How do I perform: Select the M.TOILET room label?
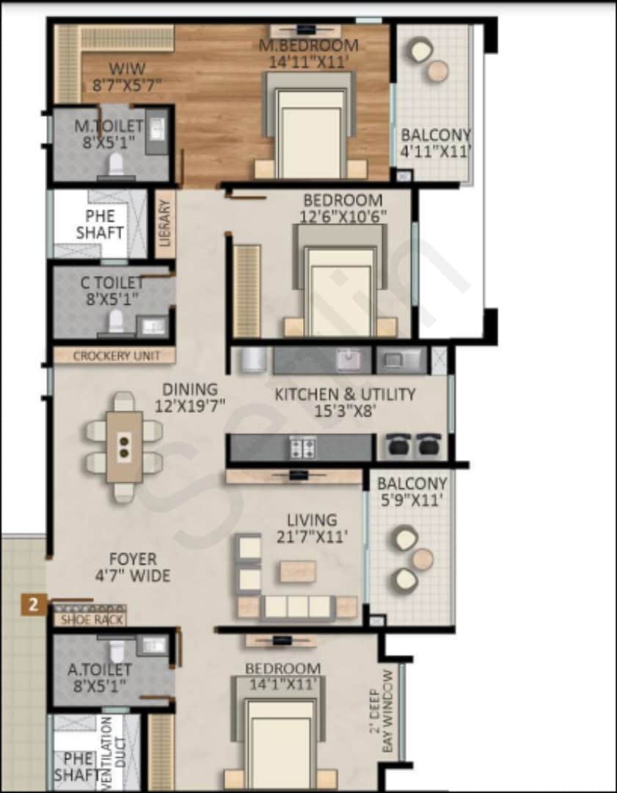tap(109, 134)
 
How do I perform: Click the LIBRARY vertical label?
tap(165, 223)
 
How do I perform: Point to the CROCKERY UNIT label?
tap(114, 356)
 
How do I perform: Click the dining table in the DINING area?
tap(124, 446)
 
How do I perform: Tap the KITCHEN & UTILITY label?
tap(345, 402)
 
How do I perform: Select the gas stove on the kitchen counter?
tap(302, 447)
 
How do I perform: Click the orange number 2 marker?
tap(33, 605)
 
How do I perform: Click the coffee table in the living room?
tap(298, 571)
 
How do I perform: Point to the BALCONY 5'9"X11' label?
tap(412, 493)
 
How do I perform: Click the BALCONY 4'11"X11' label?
tap(435, 143)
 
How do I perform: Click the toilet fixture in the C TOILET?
tap(116, 321)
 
